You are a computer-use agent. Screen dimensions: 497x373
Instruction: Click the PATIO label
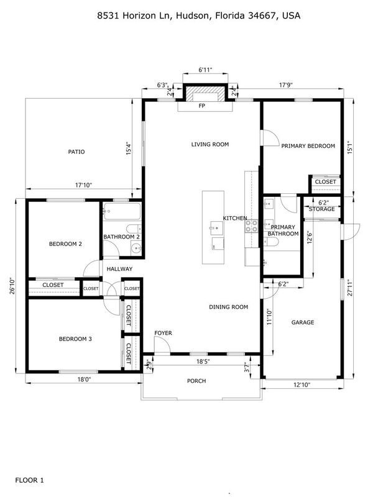pyautogui.click(x=76, y=152)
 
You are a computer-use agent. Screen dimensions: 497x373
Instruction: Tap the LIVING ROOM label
pyautogui.click(x=210, y=144)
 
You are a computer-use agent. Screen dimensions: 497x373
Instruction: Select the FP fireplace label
pyautogui.click(x=202, y=106)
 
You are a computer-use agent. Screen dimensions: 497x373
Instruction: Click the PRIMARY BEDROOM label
pyautogui.click(x=308, y=146)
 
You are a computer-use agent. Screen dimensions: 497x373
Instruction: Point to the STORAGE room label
pyautogui.click(x=322, y=209)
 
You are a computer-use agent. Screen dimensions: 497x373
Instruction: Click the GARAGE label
pyautogui.click(x=303, y=322)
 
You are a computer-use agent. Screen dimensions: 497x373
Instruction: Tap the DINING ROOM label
pyautogui.click(x=228, y=307)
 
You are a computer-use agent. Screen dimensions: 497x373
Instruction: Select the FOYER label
pyautogui.click(x=163, y=334)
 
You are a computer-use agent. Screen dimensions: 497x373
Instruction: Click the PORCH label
pyautogui.click(x=197, y=381)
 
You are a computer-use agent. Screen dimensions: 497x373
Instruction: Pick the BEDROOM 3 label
pyautogui.click(x=75, y=339)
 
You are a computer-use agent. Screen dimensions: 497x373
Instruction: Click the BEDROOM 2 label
pyautogui.click(x=65, y=244)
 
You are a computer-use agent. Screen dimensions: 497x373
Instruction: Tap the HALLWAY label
pyautogui.click(x=119, y=269)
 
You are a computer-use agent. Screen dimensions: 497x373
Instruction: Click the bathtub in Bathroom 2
pyautogui.click(x=121, y=212)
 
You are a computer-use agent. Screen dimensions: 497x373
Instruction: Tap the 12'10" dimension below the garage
pyautogui.click(x=303, y=385)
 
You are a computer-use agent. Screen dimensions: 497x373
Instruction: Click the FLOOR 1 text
pyautogui.click(x=29, y=480)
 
